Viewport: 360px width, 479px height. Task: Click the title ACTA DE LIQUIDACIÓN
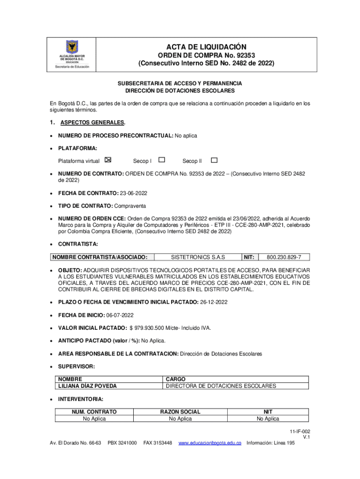[206, 47]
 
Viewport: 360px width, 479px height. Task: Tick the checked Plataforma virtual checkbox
[108, 160]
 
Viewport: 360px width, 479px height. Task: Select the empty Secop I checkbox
[162, 160]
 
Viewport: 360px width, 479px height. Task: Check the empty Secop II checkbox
[214, 160]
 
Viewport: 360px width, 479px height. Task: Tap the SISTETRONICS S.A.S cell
[198, 257]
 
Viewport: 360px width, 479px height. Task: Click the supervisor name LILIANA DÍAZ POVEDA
[87, 386]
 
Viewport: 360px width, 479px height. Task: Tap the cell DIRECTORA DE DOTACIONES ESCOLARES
[221, 386]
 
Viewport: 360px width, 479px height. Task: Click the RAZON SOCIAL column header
[180, 412]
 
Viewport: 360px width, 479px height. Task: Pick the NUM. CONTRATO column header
[94, 412]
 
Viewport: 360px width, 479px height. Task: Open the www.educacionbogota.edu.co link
[210, 443]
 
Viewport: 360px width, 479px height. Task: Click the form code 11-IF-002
[299, 431]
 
